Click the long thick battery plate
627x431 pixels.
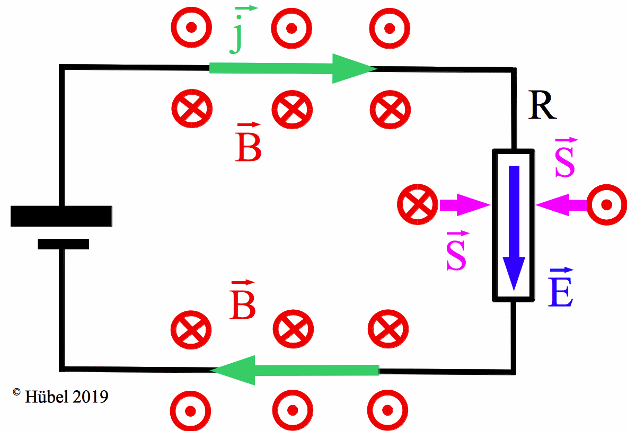click(61, 216)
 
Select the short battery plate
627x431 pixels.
click(64, 244)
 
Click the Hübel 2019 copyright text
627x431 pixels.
click(60, 396)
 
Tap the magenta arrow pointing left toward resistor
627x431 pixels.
click(562, 204)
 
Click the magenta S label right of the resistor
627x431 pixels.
click(564, 159)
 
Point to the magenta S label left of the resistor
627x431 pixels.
click(456, 253)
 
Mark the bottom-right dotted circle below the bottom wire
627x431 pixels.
click(387, 410)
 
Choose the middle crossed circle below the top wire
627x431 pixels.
click(292, 110)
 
